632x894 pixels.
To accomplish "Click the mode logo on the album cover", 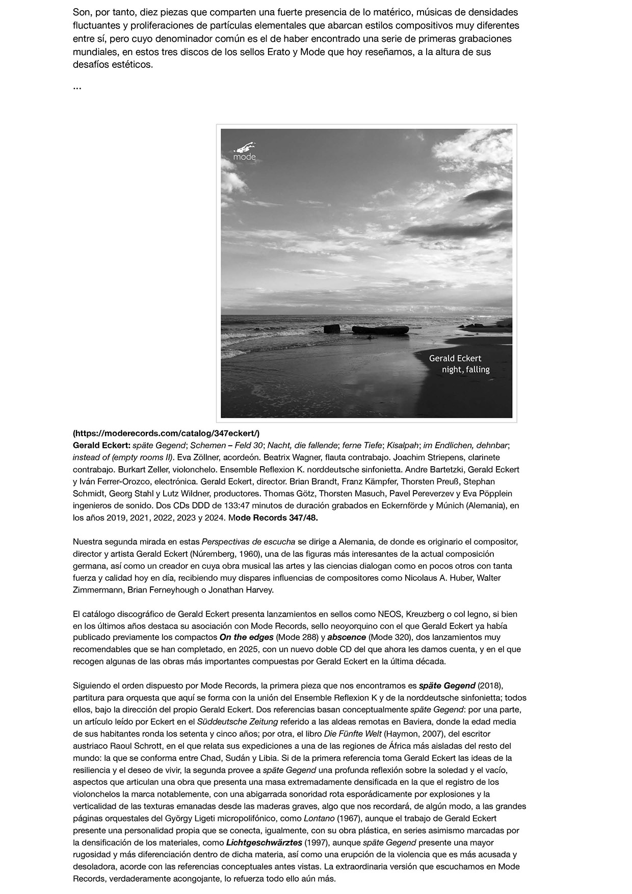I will pyautogui.click(x=245, y=151).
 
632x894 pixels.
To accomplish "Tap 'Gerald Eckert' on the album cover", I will pyautogui.click(x=455, y=359).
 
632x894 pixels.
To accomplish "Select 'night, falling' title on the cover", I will pyautogui.click(x=465, y=370).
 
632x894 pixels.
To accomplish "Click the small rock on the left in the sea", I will pyautogui.click(x=331, y=328).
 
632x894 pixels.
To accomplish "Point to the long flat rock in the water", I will pyautogui.click(x=380, y=329).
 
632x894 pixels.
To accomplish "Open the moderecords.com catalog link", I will pyautogui.click(x=166, y=433).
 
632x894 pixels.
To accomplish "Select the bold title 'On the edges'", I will pyautogui.click(x=246, y=637).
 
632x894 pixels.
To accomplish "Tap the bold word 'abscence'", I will pyautogui.click(x=347, y=637).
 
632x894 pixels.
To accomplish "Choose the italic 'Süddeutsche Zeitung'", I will pyautogui.click(x=238, y=722).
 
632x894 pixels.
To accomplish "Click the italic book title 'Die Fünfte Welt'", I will pyautogui.click(x=353, y=734).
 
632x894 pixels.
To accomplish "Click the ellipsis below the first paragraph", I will pyautogui.click(x=77, y=87).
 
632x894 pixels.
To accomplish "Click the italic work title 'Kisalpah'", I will pyautogui.click(x=402, y=445).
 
